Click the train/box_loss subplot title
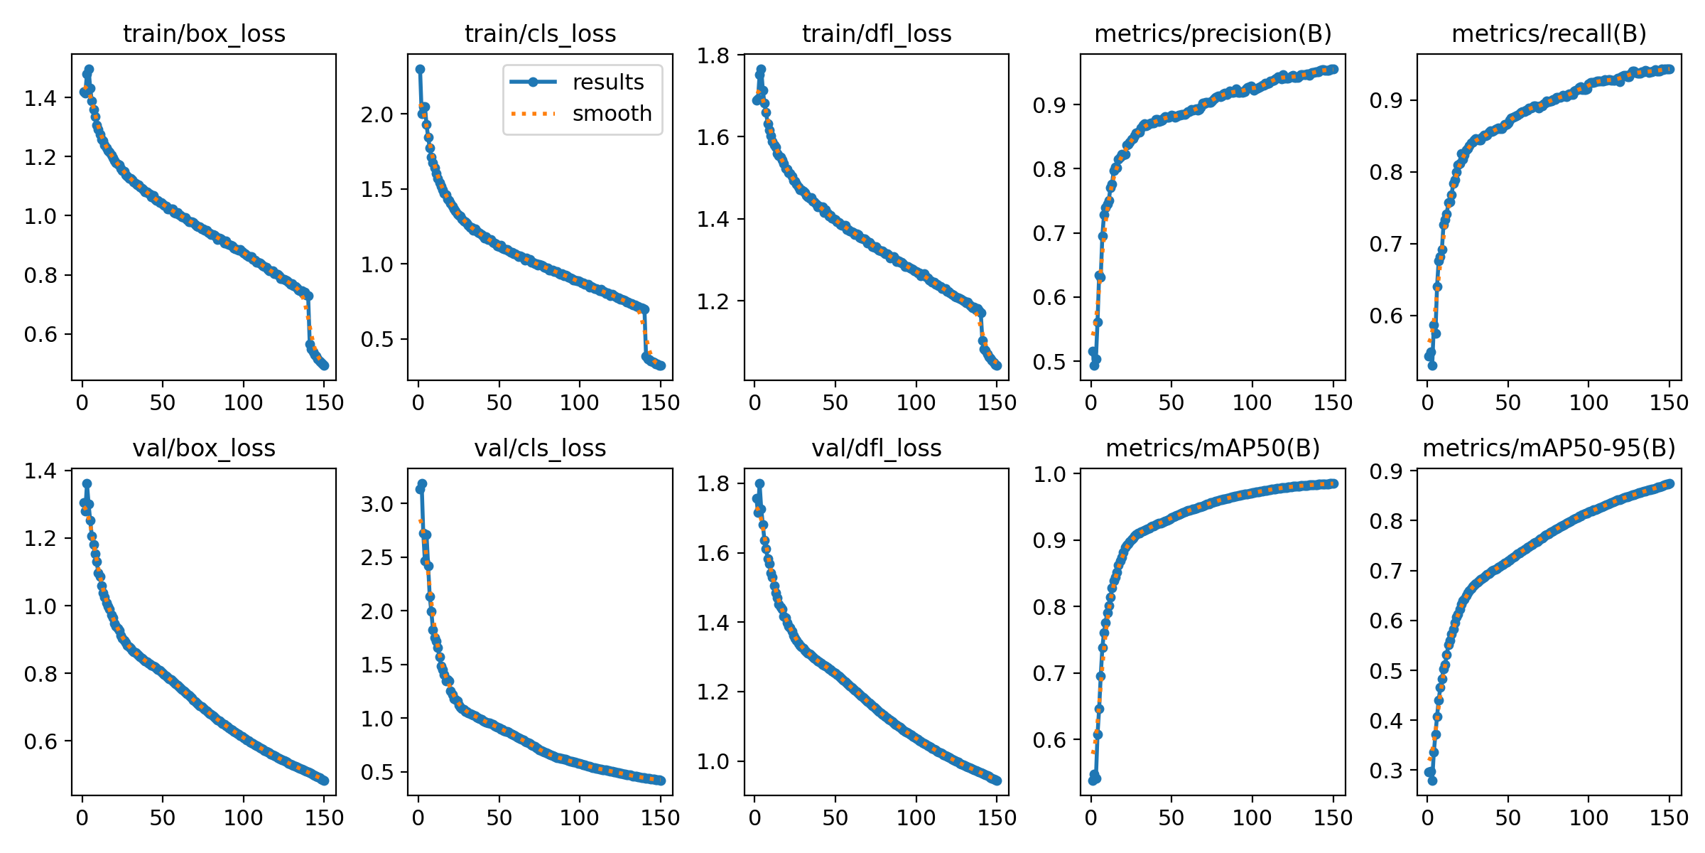(x=204, y=33)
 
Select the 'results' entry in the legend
(x=607, y=82)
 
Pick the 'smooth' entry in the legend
(x=612, y=114)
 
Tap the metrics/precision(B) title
(x=1213, y=33)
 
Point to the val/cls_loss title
(x=540, y=448)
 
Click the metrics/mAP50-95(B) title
(x=1549, y=448)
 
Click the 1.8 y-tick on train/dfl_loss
(x=713, y=55)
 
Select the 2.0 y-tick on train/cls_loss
(x=377, y=114)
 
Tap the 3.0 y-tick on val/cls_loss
(x=377, y=504)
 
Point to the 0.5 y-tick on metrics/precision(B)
(x=1050, y=362)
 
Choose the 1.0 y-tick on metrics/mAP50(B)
(x=1050, y=473)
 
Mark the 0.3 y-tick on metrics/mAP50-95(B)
(x=1387, y=771)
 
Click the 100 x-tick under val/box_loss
(x=243, y=817)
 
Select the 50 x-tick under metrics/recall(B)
(x=1508, y=403)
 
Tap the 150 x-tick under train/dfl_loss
(x=997, y=403)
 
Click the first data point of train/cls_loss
(x=420, y=69)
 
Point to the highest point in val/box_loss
(x=87, y=483)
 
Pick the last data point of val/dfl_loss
(x=997, y=780)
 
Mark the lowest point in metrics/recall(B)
(x=1432, y=365)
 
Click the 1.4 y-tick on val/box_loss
(x=40, y=471)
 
